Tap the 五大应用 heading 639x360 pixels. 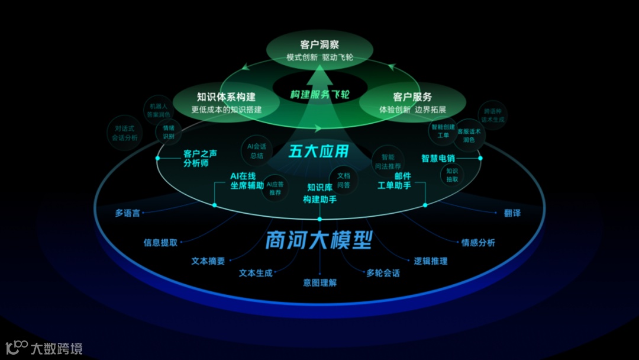tap(319, 152)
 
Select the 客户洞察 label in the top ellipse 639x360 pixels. tap(319, 44)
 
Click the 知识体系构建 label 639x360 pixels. tap(226, 97)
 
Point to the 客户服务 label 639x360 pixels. tap(412, 97)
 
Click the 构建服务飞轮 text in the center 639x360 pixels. tap(319, 94)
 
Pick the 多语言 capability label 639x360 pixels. tap(128, 213)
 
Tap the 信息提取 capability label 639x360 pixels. tap(160, 242)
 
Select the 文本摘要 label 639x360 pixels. tap(208, 261)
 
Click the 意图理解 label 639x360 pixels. tap(319, 283)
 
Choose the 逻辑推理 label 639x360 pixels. tap(430, 261)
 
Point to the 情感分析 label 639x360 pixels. tap(478, 242)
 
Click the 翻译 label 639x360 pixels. tap(512, 213)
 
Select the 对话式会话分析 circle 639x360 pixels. tap(125, 133)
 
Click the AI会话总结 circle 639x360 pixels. tap(256, 150)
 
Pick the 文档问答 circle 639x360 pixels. tap(343, 180)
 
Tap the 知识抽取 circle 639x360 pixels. tap(451, 174)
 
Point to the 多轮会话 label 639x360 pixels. tap(383, 273)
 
